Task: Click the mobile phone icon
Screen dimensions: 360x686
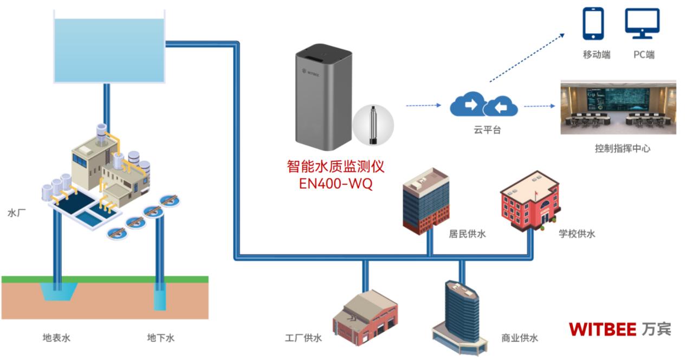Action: click(593, 24)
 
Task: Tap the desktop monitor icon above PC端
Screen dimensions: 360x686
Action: click(642, 23)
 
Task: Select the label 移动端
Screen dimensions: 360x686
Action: click(597, 55)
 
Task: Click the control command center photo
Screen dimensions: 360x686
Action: click(618, 107)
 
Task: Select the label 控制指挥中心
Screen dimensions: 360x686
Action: click(622, 148)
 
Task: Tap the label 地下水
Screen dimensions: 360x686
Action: click(160, 338)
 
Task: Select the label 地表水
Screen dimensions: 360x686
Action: click(56, 338)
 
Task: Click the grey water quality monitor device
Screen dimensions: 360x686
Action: click(323, 100)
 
